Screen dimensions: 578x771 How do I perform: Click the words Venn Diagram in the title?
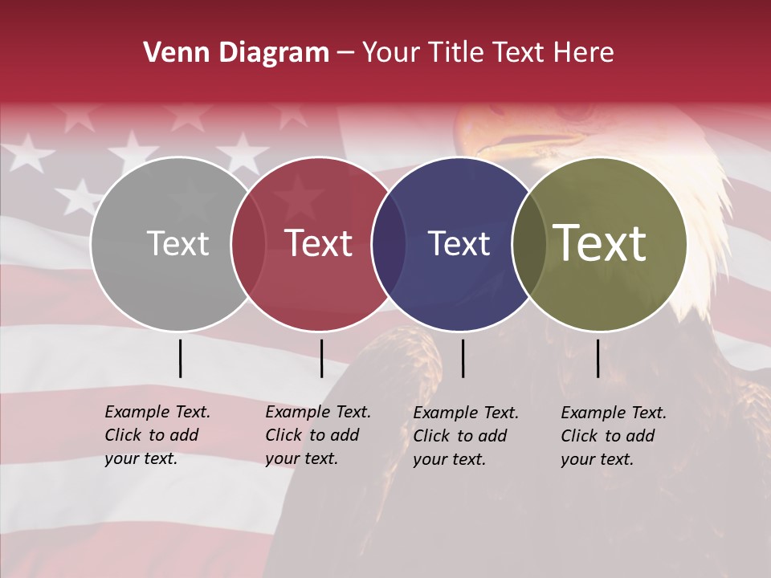point(236,53)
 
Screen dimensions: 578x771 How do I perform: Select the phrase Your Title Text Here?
point(488,53)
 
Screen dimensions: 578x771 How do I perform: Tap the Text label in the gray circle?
point(177,243)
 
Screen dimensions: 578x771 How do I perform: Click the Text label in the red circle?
point(318,243)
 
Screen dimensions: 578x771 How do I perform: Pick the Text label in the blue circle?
point(459,243)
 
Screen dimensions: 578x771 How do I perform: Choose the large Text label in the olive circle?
point(600,243)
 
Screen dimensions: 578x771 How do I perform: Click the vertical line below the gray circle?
point(180,358)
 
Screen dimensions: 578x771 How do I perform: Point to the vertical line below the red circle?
point(321,358)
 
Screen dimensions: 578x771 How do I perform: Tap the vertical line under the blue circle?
point(463,358)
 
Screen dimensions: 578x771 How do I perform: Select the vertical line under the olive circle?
point(598,358)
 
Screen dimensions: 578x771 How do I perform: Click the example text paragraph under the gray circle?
point(157,435)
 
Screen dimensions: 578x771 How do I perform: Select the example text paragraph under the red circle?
point(318,435)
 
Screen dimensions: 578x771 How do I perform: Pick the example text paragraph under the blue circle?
point(466,436)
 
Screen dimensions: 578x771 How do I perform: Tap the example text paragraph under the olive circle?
point(614,436)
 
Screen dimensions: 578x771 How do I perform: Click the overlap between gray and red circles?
point(248,243)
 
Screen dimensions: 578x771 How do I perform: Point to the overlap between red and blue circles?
point(389,243)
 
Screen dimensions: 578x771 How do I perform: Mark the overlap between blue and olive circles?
point(529,243)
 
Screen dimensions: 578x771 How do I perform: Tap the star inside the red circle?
point(300,193)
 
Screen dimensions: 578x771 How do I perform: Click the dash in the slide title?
point(345,54)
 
